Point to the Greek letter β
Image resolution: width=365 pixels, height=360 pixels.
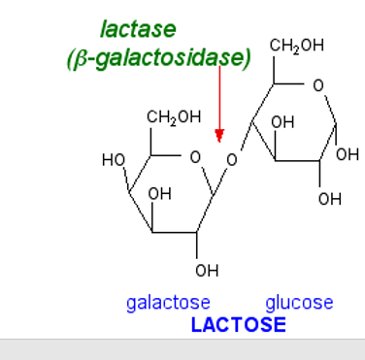click(x=83, y=60)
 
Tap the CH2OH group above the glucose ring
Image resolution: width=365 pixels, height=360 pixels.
click(x=296, y=46)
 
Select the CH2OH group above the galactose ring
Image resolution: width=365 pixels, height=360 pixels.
click(x=174, y=117)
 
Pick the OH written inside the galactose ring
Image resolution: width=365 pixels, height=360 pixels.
click(x=159, y=194)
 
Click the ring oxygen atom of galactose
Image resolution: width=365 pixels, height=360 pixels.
click(x=195, y=156)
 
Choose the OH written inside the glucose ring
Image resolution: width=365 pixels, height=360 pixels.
click(x=282, y=123)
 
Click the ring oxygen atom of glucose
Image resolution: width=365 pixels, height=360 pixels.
click(x=318, y=85)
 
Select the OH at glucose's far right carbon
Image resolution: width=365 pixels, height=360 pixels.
click(x=347, y=154)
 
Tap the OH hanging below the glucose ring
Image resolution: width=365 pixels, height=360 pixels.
click(x=329, y=199)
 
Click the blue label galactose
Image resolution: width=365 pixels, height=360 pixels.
click(x=168, y=303)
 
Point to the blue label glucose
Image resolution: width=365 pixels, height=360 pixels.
click(x=299, y=303)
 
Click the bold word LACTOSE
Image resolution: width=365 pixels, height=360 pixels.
click(x=238, y=324)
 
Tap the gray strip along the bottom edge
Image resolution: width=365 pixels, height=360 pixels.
click(x=182, y=349)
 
